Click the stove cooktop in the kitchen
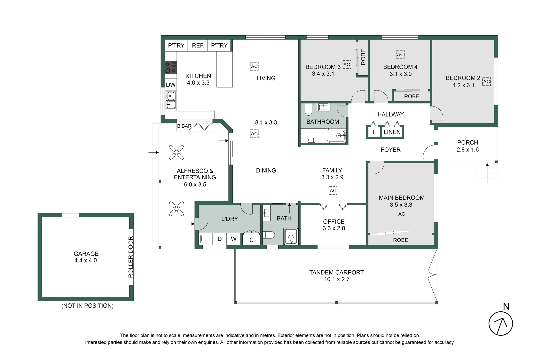pyautogui.click(x=171, y=67)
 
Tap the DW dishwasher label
pyautogui.click(x=171, y=85)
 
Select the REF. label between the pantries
pyautogui.click(x=198, y=45)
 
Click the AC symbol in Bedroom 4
pyautogui.click(x=400, y=54)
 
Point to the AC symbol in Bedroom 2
pyautogui.click(x=486, y=81)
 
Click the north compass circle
pyautogui.click(x=501, y=323)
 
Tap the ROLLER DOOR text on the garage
pyautogui.click(x=131, y=257)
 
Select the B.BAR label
pyautogui.click(x=184, y=126)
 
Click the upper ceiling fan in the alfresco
pyautogui.click(x=176, y=152)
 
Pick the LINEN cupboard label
pyautogui.click(x=392, y=132)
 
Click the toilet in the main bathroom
pyautogui.click(x=309, y=109)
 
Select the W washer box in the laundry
pyautogui.click(x=234, y=239)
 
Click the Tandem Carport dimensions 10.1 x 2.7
pyautogui.click(x=337, y=279)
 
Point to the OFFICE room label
pyautogui.click(x=334, y=221)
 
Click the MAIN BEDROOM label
pyautogui.click(x=402, y=198)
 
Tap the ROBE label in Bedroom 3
pyautogui.click(x=363, y=57)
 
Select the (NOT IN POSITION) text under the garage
pyautogui.click(x=87, y=306)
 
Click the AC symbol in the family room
pyautogui.click(x=333, y=191)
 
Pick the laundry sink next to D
pyautogui.click(x=205, y=239)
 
